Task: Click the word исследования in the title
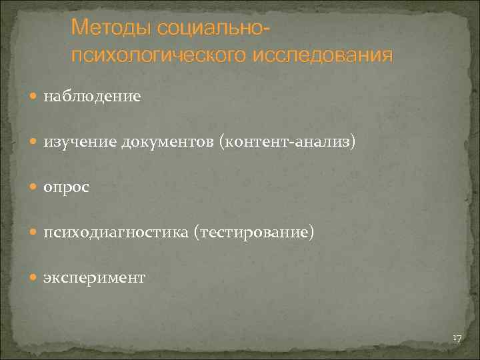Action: click(x=323, y=54)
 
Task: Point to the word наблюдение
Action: click(x=92, y=97)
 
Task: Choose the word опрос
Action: click(x=66, y=188)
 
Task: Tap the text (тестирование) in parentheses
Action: click(x=253, y=233)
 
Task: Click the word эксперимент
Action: click(x=94, y=278)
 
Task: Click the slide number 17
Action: click(x=457, y=339)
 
